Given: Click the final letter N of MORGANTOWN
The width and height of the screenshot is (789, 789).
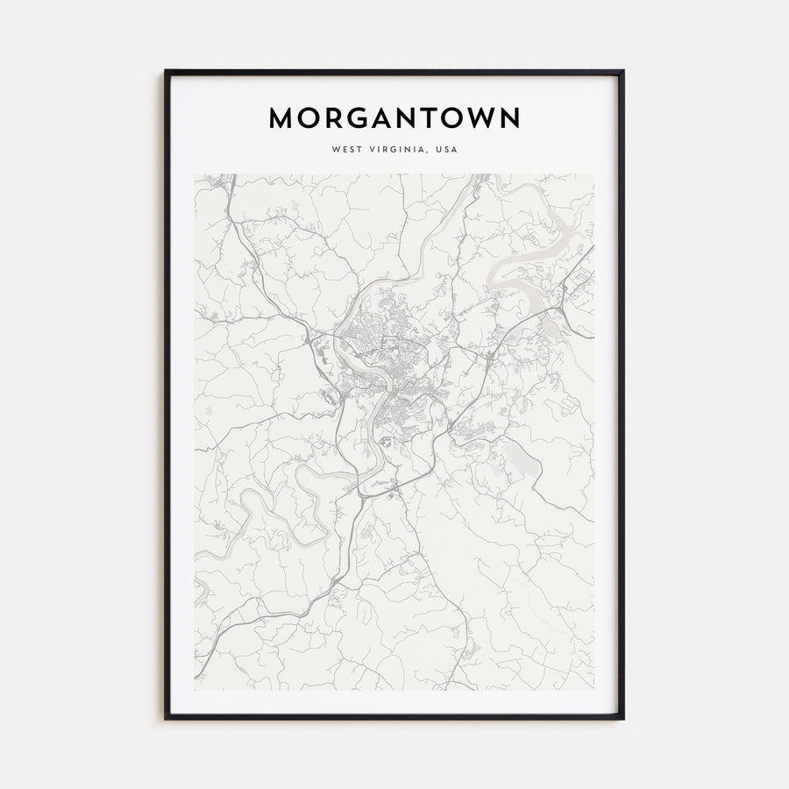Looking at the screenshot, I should (509, 118).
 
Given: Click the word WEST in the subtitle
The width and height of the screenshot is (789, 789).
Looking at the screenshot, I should (346, 149).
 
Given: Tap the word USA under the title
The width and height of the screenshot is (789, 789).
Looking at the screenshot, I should (445, 149).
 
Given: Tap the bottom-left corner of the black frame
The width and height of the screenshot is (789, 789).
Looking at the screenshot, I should (166, 718).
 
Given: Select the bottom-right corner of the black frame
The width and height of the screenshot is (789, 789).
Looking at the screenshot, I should (622, 718).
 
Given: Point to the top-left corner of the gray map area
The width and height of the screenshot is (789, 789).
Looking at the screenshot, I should (195, 174).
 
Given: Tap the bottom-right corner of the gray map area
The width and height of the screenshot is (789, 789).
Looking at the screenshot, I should (594, 689).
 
